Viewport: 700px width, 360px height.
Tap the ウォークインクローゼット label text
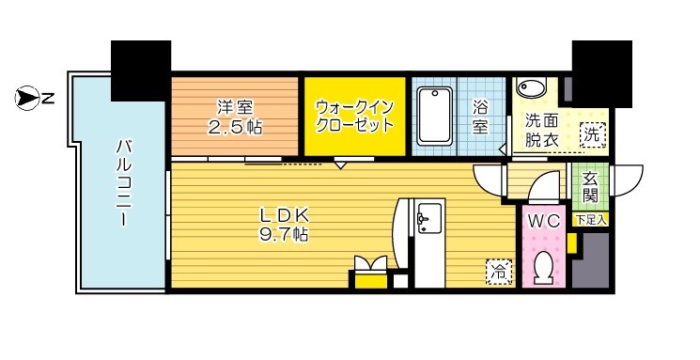[x=354, y=115]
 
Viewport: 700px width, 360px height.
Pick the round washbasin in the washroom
[x=531, y=90]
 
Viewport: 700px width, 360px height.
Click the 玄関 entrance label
[x=590, y=187]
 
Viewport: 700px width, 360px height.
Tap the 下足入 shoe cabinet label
[x=591, y=219]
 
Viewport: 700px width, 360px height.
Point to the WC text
[x=544, y=222]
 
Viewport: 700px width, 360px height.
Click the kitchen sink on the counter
[x=428, y=220]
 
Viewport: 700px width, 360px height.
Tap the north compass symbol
[x=28, y=95]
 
